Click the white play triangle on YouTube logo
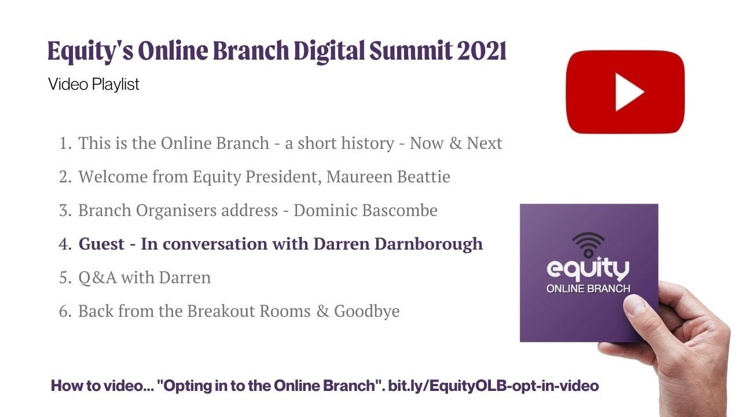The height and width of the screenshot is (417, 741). click(629, 92)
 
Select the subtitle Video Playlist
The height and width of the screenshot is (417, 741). click(94, 85)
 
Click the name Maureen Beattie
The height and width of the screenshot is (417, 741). click(388, 177)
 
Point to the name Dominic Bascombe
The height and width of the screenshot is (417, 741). click(365, 210)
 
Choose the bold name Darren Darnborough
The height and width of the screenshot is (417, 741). click(398, 244)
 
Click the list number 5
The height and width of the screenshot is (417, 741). click(64, 278)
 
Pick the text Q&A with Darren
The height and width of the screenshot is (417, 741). click(144, 278)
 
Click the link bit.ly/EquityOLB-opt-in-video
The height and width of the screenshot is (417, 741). click(493, 386)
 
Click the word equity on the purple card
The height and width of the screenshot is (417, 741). click(588, 270)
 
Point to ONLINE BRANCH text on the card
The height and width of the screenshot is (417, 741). click(588, 288)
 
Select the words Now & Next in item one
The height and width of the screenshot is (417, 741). click(456, 143)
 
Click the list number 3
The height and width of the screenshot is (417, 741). click(64, 211)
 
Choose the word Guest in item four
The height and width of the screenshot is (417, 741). click(101, 244)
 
